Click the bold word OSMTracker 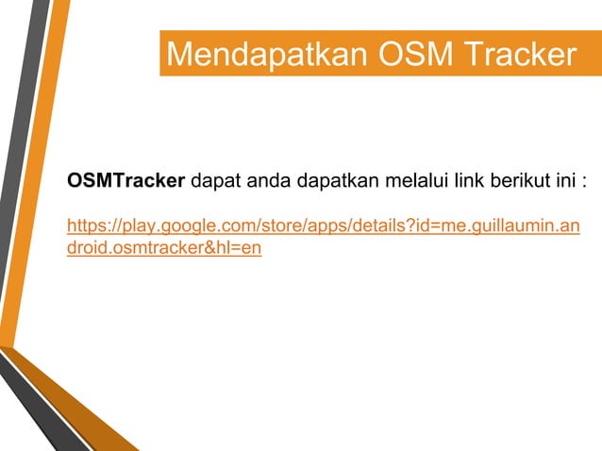(125, 180)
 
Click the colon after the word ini (586, 181)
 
